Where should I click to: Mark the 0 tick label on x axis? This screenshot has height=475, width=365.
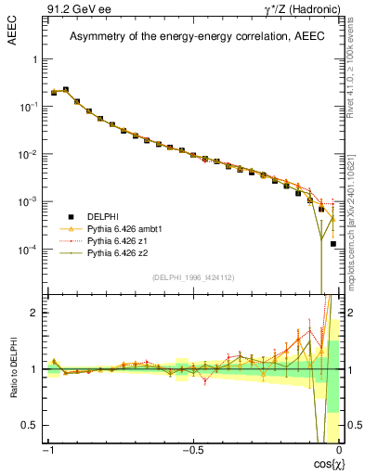click(339, 449)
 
